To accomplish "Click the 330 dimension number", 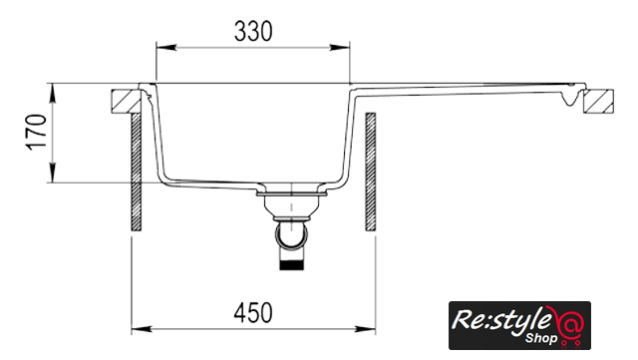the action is click(x=253, y=31).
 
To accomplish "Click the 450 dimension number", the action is click(x=253, y=313).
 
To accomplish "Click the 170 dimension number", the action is click(x=36, y=133).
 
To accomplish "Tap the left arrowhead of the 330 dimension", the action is click(x=166, y=48).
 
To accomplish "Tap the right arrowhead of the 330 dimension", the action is click(x=340, y=48).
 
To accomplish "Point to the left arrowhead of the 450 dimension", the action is click(x=142, y=329).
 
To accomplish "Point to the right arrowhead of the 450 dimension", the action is click(x=366, y=329).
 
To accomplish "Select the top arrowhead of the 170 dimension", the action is click(x=53, y=94).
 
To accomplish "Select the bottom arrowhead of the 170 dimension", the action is click(x=53, y=173).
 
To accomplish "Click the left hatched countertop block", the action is click(x=127, y=101).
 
